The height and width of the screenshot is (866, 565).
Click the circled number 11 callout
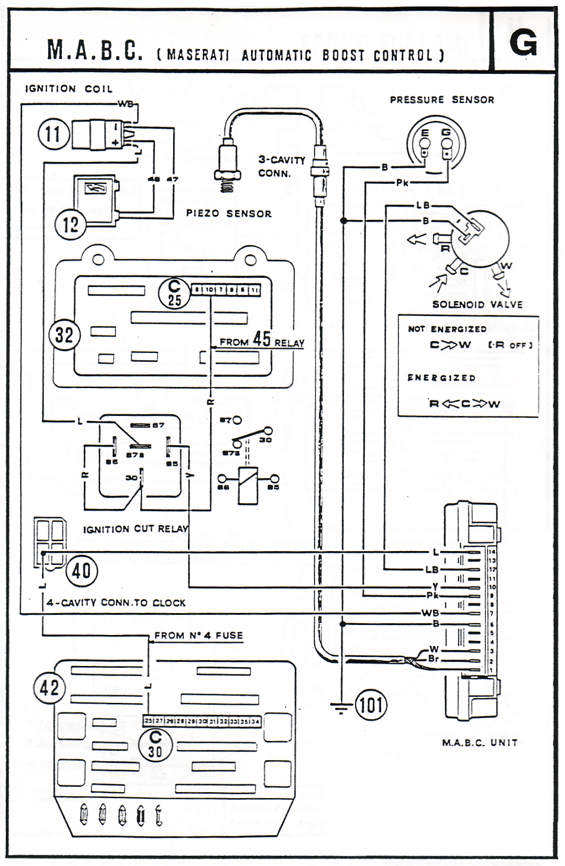pyautogui.click(x=54, y=133)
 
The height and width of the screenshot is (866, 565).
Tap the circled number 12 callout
pyautogui.click(x=70, y=224)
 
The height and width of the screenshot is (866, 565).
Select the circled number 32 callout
pyautogui.click(x=64, y=335)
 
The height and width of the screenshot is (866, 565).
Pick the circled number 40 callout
pyautogui.click(x=81, y=571)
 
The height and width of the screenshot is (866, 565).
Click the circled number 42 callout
pyautogui.click(x=49, y=689)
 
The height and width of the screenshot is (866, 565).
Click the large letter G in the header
pyautogui.click(x=523, y=42)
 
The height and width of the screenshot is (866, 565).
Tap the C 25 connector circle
pyautogui.click(x=174, y=292)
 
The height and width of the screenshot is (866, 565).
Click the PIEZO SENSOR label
pyautogui.click(x=229, y=213)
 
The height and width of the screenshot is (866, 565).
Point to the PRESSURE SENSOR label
pyautogui.click(x=442, y=100)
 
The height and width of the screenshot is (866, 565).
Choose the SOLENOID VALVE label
pyautogui.click(x=478, y=304)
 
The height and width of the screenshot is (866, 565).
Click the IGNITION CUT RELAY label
pyautogui.click(x=136, y=529)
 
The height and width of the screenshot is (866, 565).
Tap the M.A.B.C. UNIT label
pyautogui.click(x=480, y=742)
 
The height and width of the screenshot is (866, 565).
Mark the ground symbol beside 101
pyautogui.click(x=341, y=706)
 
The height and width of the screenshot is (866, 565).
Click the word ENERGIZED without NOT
pyautogui.click(x=441, y=378)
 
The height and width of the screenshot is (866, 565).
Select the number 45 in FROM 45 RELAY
pyautogui.click(x=262, y=339)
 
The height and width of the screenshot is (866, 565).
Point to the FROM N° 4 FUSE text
pyautogui.click(x=199, y=636)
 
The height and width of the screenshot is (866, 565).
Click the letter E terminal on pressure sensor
pyautogui.click(x=425, y=133)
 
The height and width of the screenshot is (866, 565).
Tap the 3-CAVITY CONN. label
pyautogui.click(x=281, y=167)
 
